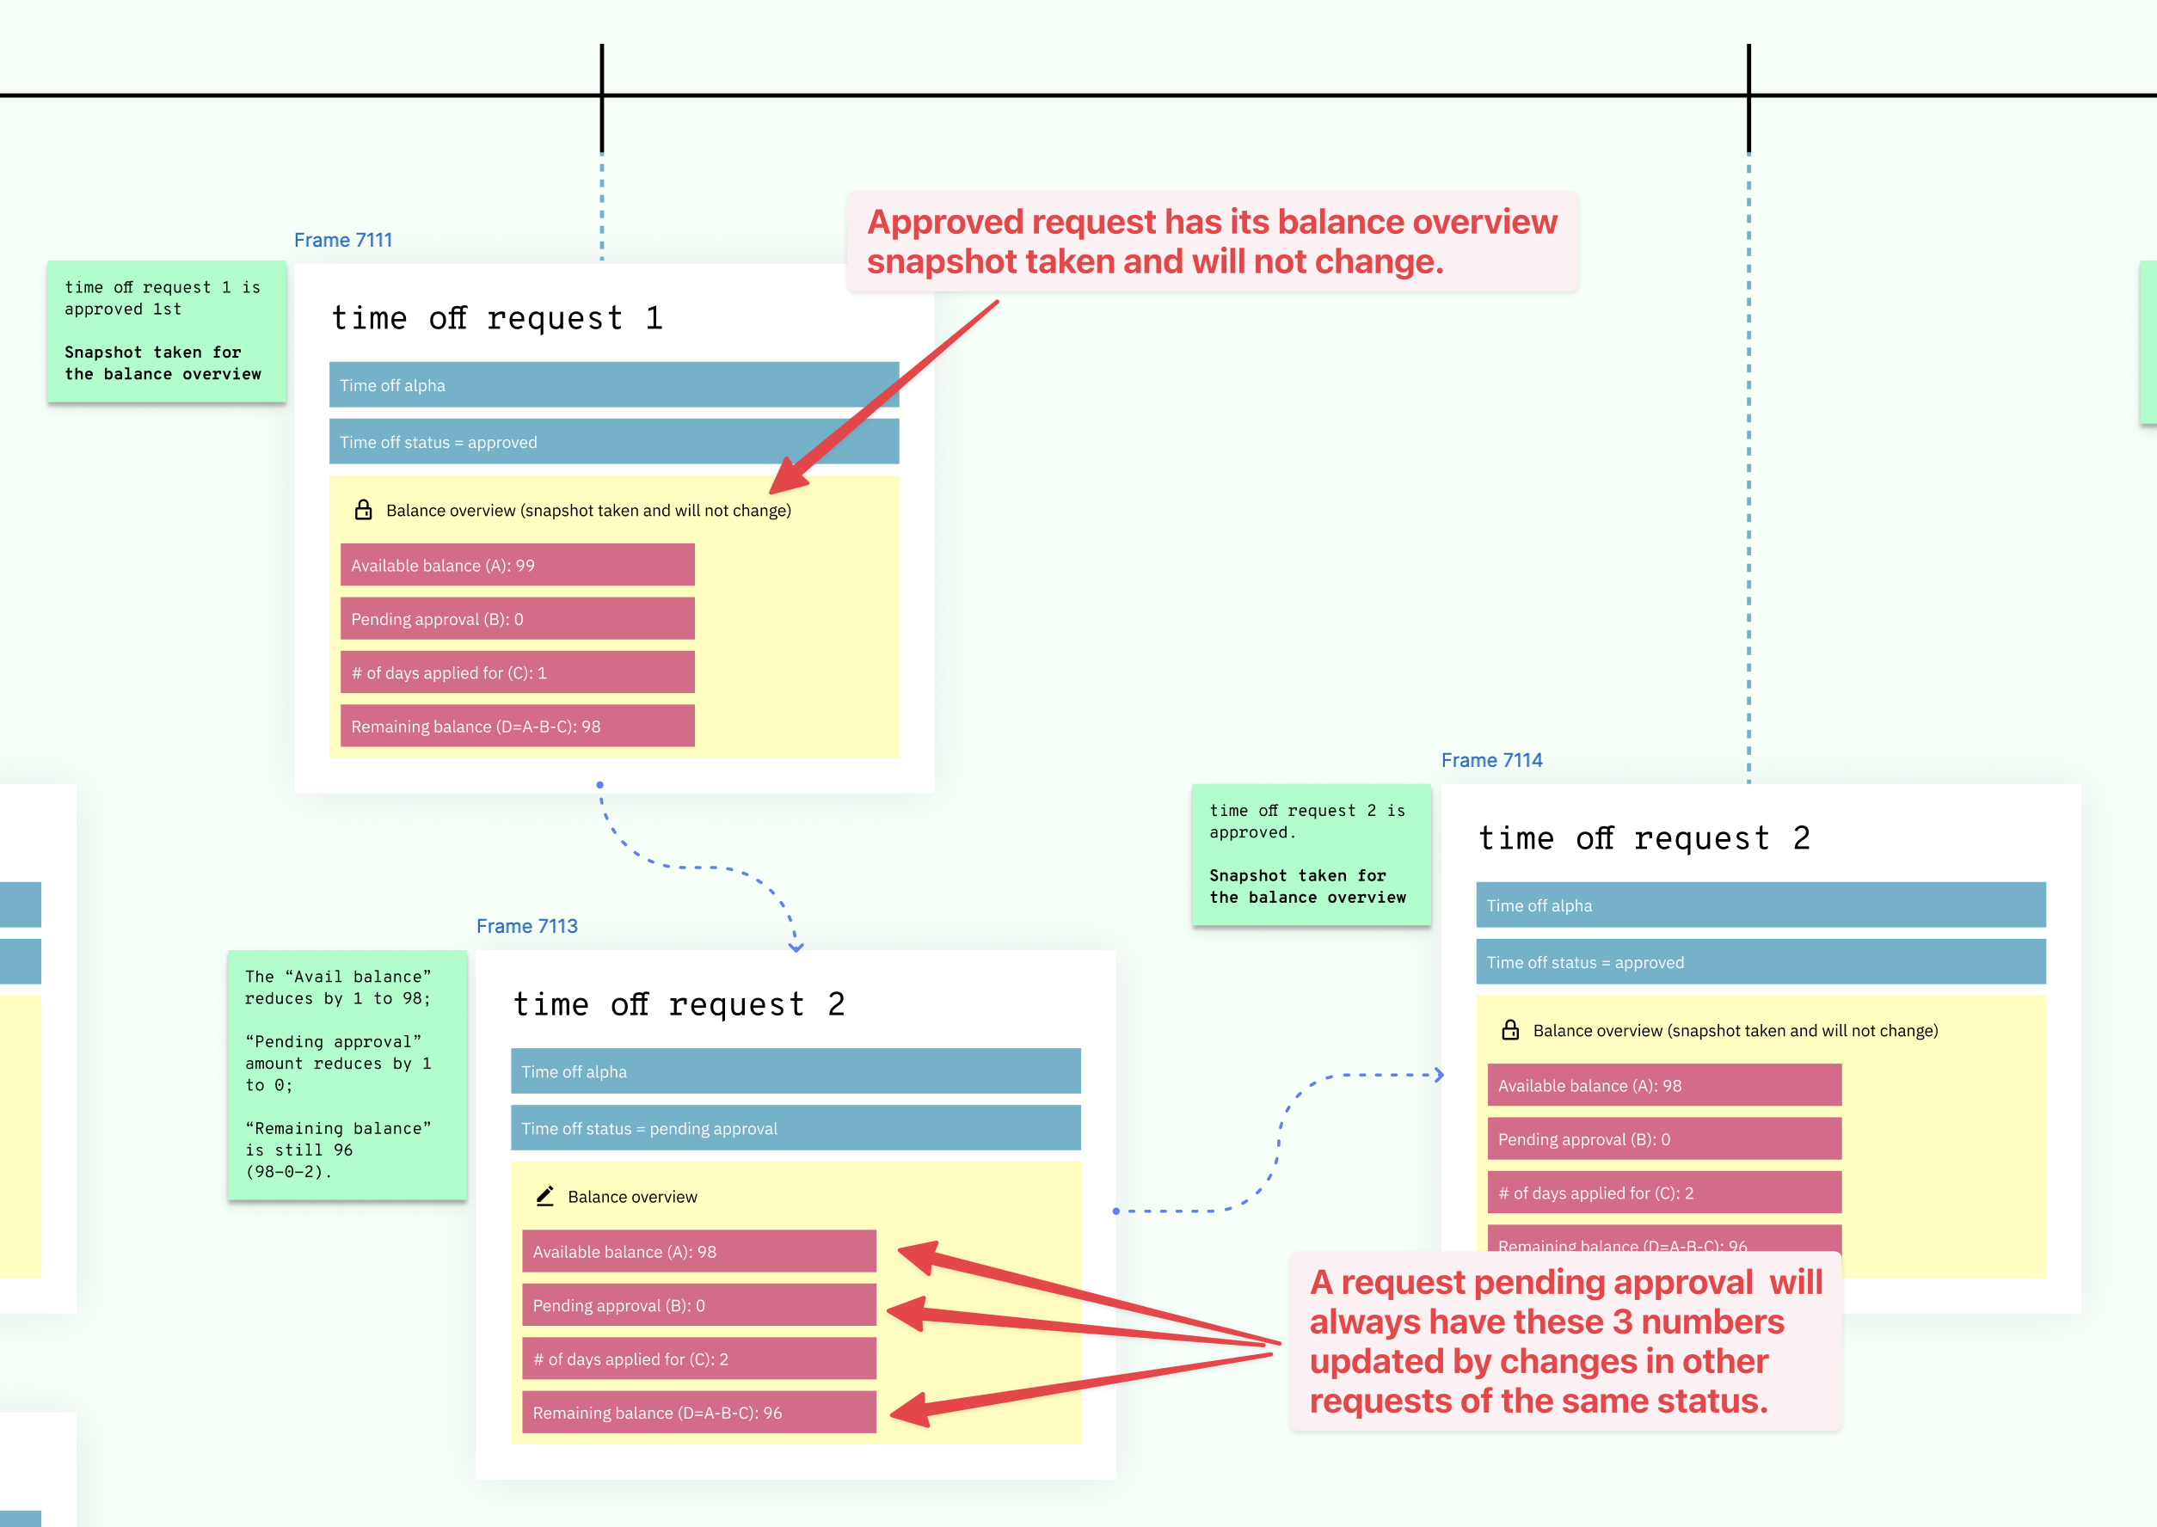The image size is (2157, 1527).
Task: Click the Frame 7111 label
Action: [342, 240]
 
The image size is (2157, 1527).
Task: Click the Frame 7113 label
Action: [526, 926]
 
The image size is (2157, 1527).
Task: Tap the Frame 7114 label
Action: [1491, 760]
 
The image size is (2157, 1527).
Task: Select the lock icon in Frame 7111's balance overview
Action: [363, 510]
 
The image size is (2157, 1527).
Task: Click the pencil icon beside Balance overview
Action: [544, 1196]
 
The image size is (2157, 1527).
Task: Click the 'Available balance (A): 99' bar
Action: [517, 565]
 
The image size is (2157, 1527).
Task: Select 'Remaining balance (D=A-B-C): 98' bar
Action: [517, 726]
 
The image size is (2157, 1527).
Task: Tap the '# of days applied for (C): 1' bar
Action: [517, 672]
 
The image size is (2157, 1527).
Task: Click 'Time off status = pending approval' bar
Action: [795, 1128]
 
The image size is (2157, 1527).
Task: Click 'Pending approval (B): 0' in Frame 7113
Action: [698, 1305]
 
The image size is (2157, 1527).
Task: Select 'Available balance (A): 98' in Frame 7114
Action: [1663, 1085]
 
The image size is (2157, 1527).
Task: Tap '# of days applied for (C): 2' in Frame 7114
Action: [1663, 1193]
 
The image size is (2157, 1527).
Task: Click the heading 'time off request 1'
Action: [496, 318]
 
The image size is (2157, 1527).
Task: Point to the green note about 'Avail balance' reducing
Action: [346, 1074]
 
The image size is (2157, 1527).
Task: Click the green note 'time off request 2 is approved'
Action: [1310, 854]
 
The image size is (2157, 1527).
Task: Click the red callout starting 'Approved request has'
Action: [1211, 242]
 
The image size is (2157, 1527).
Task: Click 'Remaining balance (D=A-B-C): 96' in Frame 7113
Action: [698, 1413]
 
